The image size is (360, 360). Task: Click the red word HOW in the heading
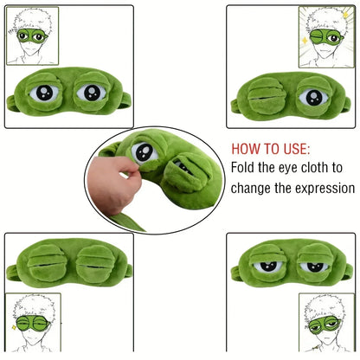pyautogui.click(x=246, y=148)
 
